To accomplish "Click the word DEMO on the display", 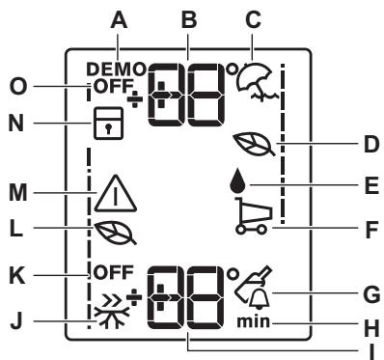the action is click(116, 69).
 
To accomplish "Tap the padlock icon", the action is click(108, 124).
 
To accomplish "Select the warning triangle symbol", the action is click(116, 194).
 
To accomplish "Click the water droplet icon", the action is click(237, 182).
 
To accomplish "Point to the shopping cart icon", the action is click(254, 214).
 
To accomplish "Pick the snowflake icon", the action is click(112, 312).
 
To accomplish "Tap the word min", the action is click(253, 322).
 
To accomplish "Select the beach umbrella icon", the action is click(258, 81).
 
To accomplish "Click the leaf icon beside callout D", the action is click(254, 145).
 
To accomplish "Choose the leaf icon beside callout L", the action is click(115, 233).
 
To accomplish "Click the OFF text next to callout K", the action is click(113, 273).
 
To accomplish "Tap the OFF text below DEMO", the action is click(114, 86).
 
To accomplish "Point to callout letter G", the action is click(371, 294).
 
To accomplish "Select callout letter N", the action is click(16, 123).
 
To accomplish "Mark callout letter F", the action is click(371, 230).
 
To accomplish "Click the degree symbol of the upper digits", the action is click(233, 69).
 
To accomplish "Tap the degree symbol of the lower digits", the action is click(233, 274).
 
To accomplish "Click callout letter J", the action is click(15, 320).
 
